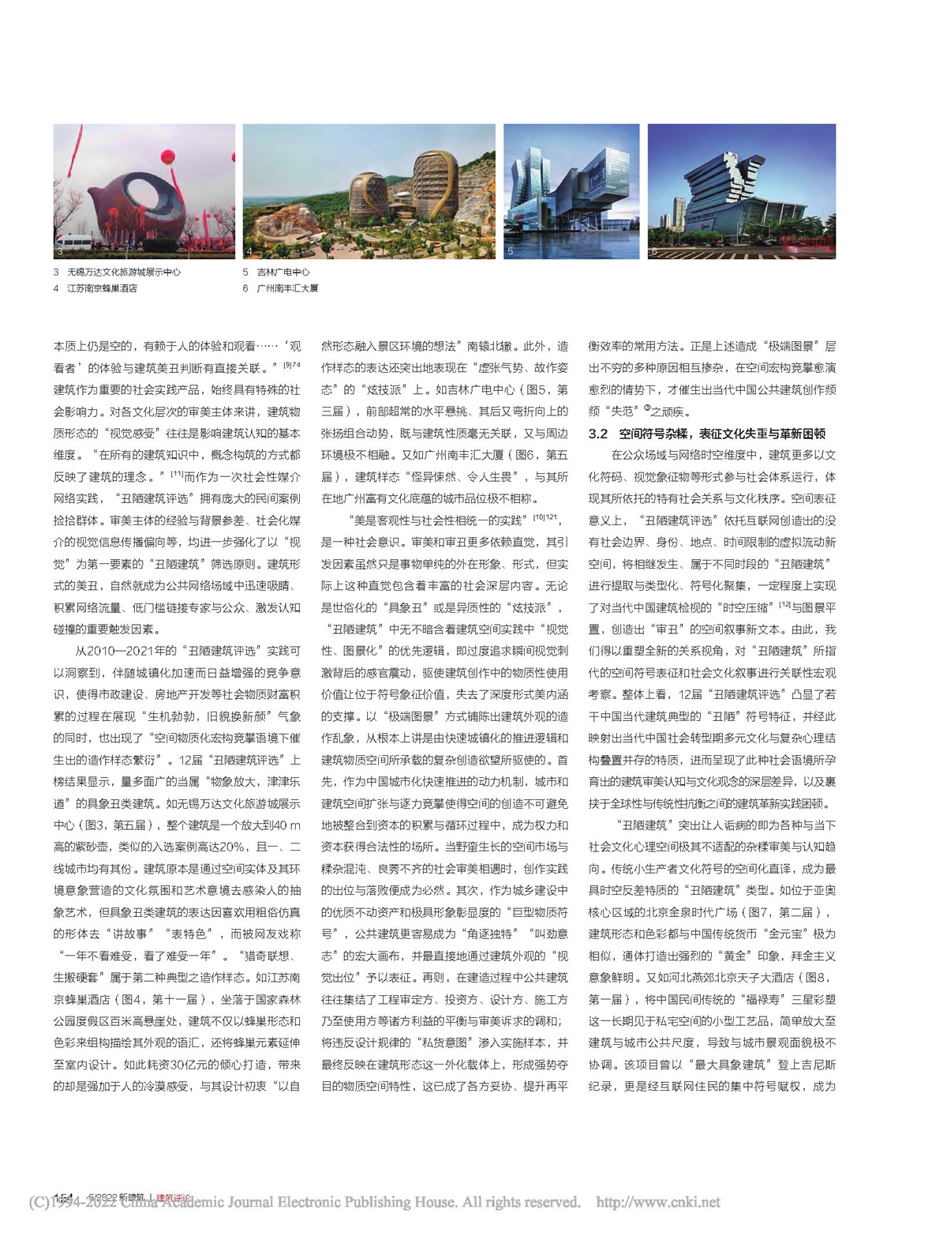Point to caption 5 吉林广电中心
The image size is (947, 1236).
click(275, 272)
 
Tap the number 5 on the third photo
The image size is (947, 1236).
click(511, 251)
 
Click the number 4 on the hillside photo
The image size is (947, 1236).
click(249, 251)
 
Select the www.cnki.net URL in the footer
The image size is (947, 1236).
click(658, 1203)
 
